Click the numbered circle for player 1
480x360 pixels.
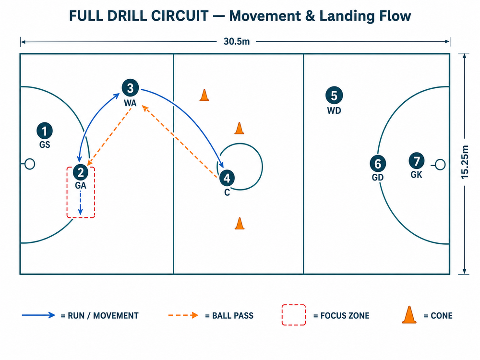click(45, 131)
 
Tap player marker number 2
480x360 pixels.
click(81, 172)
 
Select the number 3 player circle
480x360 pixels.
click(130, 88)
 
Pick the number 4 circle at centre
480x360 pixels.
click(227, 178)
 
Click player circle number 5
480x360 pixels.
click(334, 95)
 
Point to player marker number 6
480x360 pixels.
click(378, 164)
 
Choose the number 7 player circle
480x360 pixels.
click(416, 161)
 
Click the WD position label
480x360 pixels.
click(334, 110)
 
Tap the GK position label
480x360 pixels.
click(416, 175)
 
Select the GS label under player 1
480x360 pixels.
click(45, 144)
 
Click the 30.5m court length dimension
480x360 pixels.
click(237, 41)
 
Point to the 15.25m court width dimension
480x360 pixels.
click(465, 162)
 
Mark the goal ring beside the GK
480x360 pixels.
click(440, 165)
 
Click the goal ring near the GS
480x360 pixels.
click(30, 164)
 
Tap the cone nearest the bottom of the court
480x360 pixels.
click(240, 224)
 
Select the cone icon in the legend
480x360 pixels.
click(409, 315)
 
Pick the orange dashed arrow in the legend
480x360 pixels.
click(183, 315)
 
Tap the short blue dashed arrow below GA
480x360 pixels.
click(80, 203)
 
